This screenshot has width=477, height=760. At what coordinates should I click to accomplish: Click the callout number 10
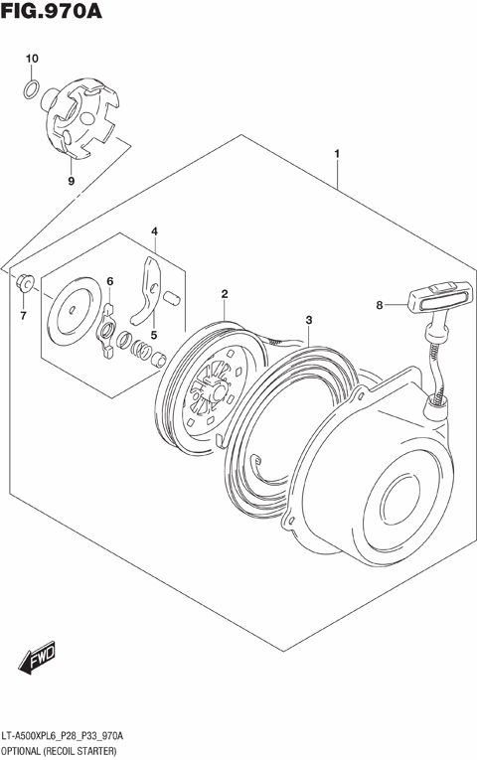point(31,60)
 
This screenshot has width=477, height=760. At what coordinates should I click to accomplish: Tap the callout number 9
point(71,181)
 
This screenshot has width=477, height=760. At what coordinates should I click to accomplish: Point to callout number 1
point(338,154)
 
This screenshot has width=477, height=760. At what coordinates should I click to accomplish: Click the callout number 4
point(154,231)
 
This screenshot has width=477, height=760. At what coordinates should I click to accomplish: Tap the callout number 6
point(110,281)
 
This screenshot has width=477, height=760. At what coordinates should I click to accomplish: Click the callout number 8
point(379,305)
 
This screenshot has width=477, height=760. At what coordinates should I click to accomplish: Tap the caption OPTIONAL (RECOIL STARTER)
point(61,751)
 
